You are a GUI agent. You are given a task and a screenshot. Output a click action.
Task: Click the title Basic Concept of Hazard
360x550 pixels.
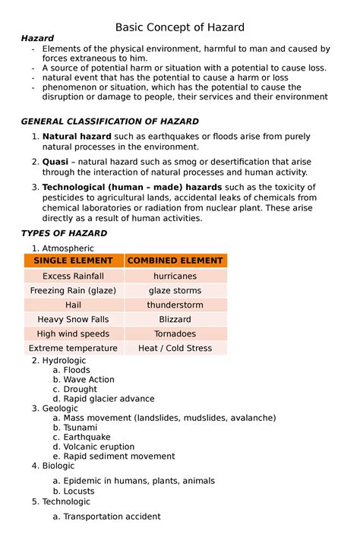[x=180, y=27]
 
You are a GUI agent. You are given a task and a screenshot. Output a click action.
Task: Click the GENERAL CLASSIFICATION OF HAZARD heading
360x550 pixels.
[x=109, y=121]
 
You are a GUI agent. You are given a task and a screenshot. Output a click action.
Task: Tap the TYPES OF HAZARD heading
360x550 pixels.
[x=64, y=233]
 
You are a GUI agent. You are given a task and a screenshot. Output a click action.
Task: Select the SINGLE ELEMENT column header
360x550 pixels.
[x=73, y=261]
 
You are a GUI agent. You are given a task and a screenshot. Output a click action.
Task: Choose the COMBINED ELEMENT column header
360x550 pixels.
[x=175, y=261]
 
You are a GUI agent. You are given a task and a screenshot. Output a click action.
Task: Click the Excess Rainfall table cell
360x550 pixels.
[x=73, y=276]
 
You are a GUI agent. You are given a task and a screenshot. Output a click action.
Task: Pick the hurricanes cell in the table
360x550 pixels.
[x=175, y=276]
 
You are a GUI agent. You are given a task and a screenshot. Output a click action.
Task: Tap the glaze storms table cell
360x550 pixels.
[x=175, y=290]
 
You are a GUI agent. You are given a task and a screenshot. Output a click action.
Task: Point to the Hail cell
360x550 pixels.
[x=73, y=305]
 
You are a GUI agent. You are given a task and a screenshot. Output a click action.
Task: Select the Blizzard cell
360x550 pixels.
[x=175, y=319]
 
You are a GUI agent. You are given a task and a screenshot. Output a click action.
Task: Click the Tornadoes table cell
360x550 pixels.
[x=175, y=333]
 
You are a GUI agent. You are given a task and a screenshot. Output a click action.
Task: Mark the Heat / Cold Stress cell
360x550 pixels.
[x=175, y=348]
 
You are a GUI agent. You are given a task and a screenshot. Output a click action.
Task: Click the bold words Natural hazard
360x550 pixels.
[x=77, y=136]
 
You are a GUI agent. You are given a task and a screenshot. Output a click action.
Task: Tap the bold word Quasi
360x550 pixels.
[x=55, y=162]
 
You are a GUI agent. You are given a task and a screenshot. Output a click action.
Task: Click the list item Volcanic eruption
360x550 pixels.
[x=99, y=447]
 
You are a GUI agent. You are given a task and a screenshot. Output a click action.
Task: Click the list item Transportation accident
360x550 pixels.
[x=112, y=517]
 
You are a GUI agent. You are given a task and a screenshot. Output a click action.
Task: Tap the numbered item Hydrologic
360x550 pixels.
[x=64, y=360]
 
